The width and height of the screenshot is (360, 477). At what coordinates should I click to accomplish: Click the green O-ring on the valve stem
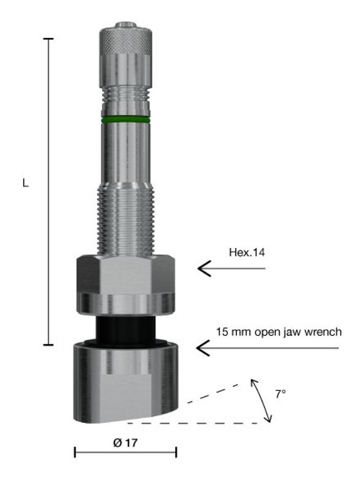[x=125, y=119]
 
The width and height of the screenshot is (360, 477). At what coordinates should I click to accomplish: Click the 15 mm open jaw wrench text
[x=278, y=332]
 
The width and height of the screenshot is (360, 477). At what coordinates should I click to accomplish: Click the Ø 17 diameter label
[x=125, y=441]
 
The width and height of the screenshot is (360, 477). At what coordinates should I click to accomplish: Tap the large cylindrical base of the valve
[x=125, y=384]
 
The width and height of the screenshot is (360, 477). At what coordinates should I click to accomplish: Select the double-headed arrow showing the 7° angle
[x=261, y=400]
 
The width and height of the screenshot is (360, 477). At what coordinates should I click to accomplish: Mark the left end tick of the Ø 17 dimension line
[x=75, y=452]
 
